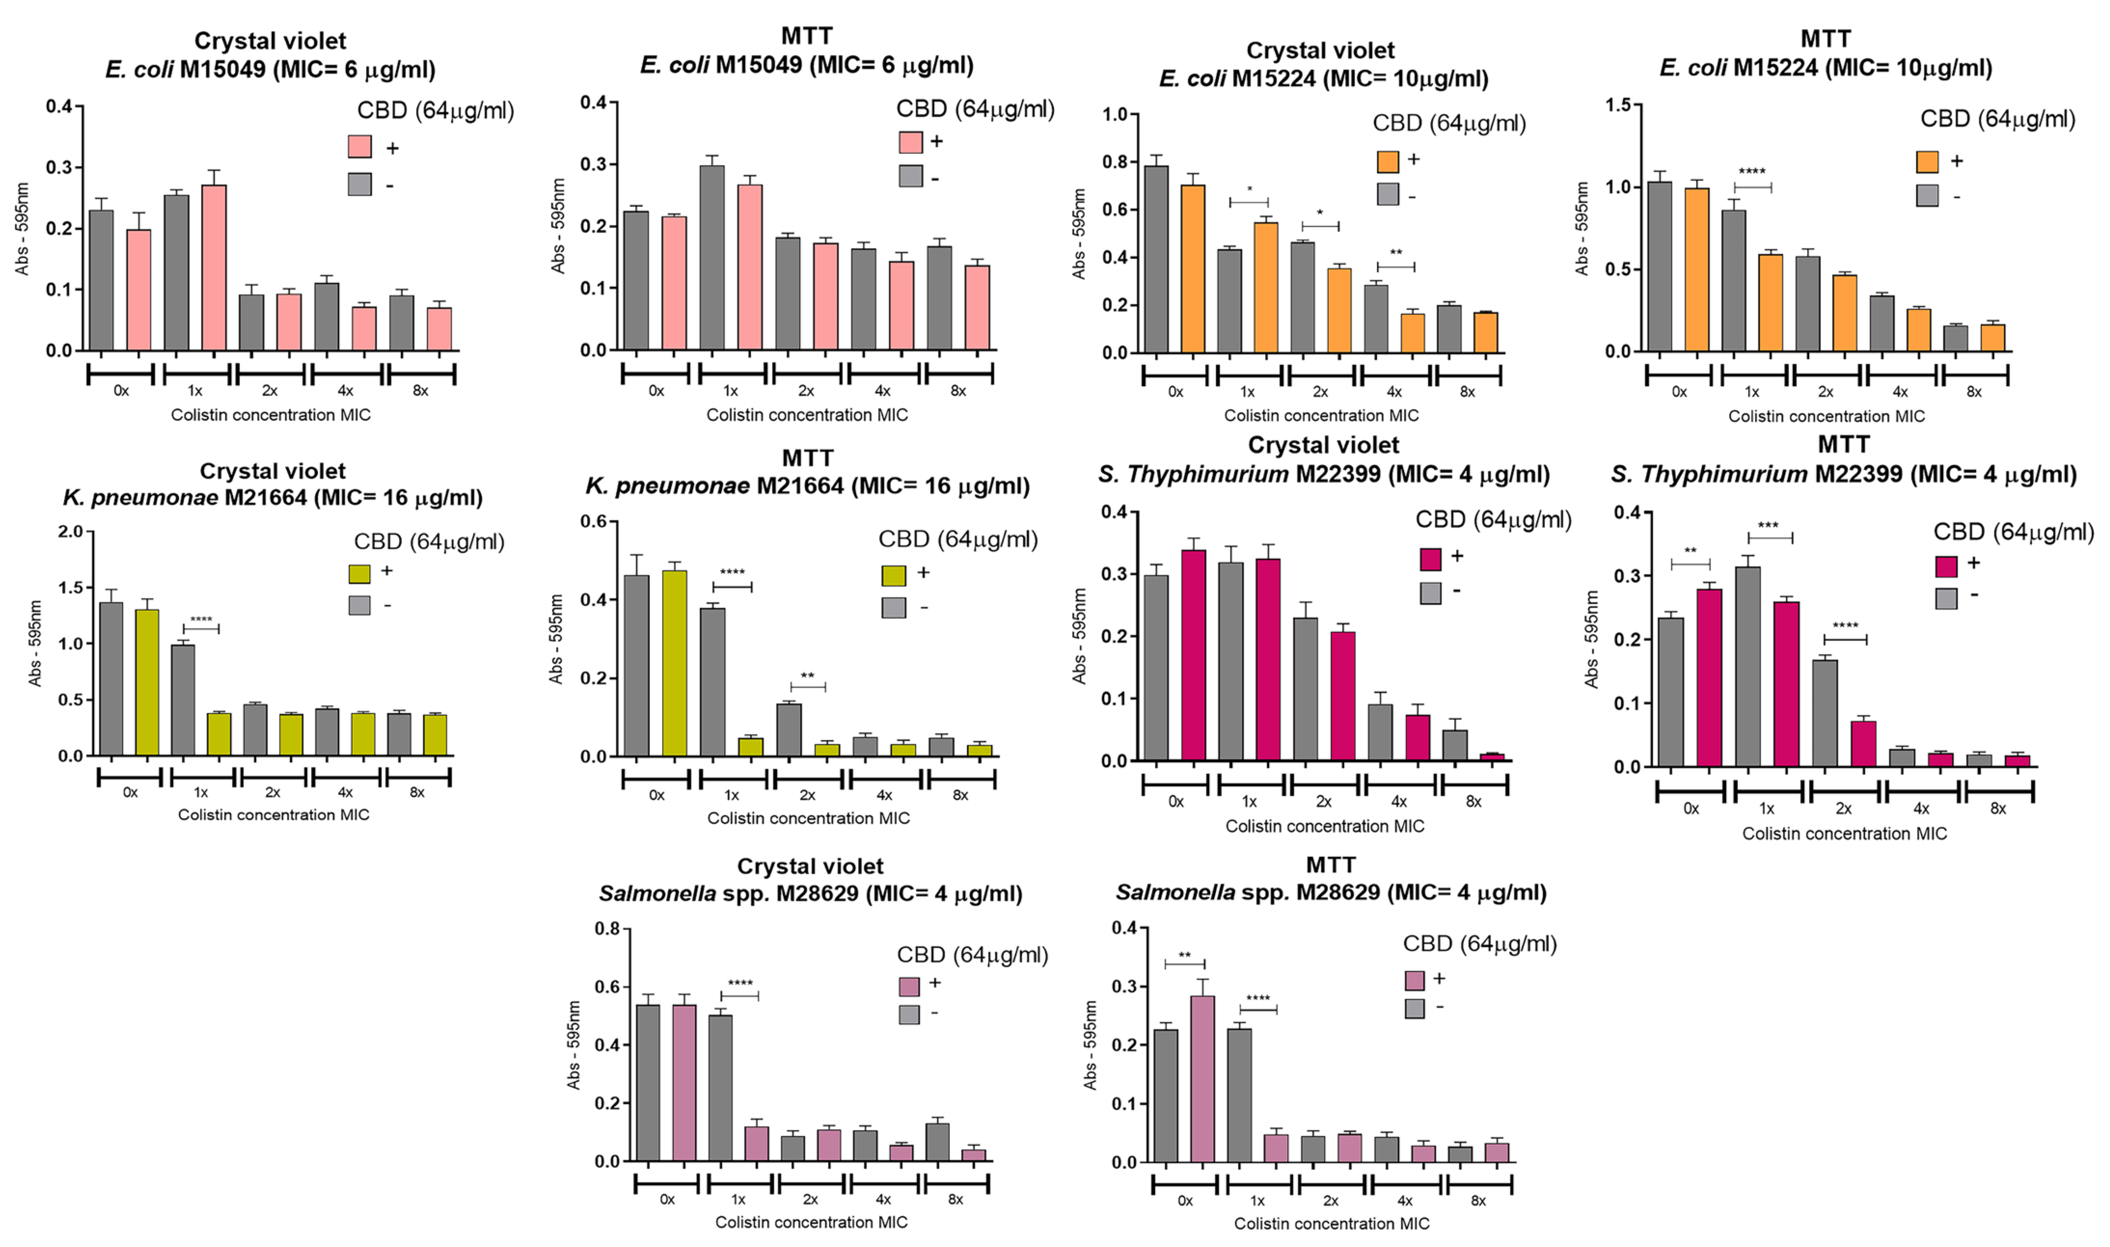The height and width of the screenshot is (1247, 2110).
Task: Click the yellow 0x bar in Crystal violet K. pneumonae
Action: pyautogui.click(x=147, y=682)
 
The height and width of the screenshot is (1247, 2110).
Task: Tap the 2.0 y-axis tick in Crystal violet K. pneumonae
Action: pyautogui.click(x=70, y=532)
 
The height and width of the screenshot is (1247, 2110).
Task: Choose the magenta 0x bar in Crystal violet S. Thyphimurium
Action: pyautogui.click(x=1193, y=655)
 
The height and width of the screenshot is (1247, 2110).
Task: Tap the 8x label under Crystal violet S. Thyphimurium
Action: pyautogui.click(x=1473, y=801)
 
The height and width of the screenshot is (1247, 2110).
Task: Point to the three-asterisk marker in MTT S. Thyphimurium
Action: pyautogui.click(x=1768, y=526)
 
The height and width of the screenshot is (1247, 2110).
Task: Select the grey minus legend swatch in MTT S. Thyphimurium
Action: pyautogui.click(x=1946, y=598)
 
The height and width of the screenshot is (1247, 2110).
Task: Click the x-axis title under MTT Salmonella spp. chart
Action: pyautogui.click(x=1331, y=1223)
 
